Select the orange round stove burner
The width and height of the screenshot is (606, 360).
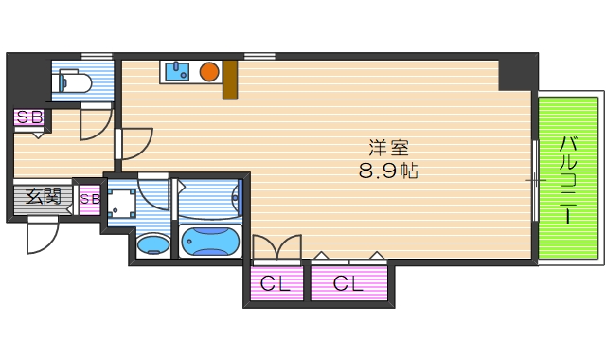pyautogui.click(x=209, y=70)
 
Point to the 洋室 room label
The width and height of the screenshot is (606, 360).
pyautogui.click(x=388, y=149)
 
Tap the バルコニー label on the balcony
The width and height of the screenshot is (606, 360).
pyautogui.click(x=568, y=180)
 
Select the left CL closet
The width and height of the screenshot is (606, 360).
pyautogui.click(x=277, y=282)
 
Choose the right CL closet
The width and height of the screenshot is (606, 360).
pyautogui.click(x=348, y=282)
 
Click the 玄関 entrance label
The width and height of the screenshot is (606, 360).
pyautogui.click(x=43, y=197)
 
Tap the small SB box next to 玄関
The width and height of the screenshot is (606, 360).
pyautogui.click(x=90, y=199)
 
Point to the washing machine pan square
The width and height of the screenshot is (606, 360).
pyautogui.click(x=120, y=201)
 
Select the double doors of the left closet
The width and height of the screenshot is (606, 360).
pyautogui.click(x=276, y=247)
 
